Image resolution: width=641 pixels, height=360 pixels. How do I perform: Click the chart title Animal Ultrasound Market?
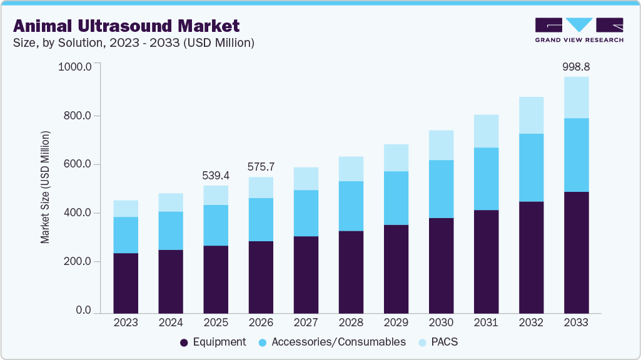click(126, 26)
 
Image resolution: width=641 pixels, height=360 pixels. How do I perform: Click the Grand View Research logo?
click(578, 30)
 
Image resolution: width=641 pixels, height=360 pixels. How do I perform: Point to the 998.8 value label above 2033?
click(576, 66)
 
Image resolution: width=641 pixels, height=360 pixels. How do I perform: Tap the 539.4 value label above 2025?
click(216, 175)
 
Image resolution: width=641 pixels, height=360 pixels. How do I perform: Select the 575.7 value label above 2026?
click(261, 167)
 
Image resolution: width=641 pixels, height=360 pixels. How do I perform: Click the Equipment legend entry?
click(213, 342)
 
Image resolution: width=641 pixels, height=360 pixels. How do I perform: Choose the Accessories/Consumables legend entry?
click(331, 342)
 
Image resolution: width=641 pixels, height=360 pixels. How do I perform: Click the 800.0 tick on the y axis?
click(78, 116)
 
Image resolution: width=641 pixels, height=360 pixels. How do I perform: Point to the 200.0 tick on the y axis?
click(78, 262)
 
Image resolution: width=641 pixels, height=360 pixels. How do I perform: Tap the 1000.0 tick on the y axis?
click(75, 67)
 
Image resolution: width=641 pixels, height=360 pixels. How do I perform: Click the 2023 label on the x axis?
click(126, 323)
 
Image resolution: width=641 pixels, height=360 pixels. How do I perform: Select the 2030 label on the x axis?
click(441, 323)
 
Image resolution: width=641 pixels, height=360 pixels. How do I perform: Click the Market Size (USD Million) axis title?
click(45, 187)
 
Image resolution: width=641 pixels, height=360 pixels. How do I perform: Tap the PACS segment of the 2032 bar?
click(531, 115)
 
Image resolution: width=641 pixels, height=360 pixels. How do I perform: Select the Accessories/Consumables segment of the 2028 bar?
click(351, 206)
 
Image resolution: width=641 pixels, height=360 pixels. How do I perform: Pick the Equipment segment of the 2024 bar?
click(171, 281)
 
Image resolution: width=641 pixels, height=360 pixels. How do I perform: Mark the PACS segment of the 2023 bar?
click(126, 209)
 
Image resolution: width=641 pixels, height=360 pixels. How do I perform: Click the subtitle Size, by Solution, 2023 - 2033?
click(134, 43)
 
